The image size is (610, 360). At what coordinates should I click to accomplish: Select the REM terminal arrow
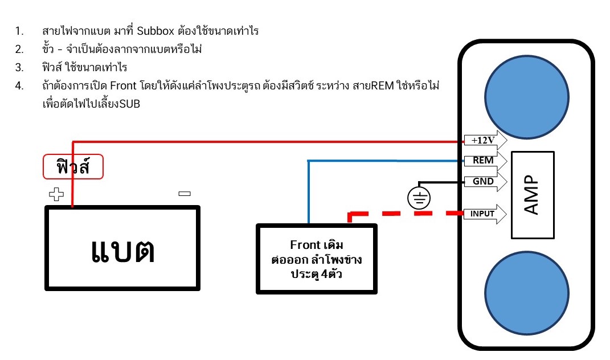coord(481,161)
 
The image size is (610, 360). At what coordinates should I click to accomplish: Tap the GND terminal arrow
coord(482,182)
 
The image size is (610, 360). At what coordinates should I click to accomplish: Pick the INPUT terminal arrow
coord(482,214)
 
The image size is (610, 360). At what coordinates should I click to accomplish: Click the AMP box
coord(532,195)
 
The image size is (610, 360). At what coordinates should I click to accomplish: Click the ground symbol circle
coord(419,198)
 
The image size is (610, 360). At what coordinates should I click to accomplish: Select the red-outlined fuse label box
coord(73,167)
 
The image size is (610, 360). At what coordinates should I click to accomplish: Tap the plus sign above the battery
coord(56,195)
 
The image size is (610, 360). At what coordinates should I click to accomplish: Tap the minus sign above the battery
coord(184,194)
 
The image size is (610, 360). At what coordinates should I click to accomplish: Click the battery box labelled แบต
coord(122,248)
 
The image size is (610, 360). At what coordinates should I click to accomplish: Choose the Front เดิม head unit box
coord(316,259)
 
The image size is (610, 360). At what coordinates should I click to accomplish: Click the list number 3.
coord(19,68)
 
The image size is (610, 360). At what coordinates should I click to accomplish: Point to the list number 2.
coord(19,50)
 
